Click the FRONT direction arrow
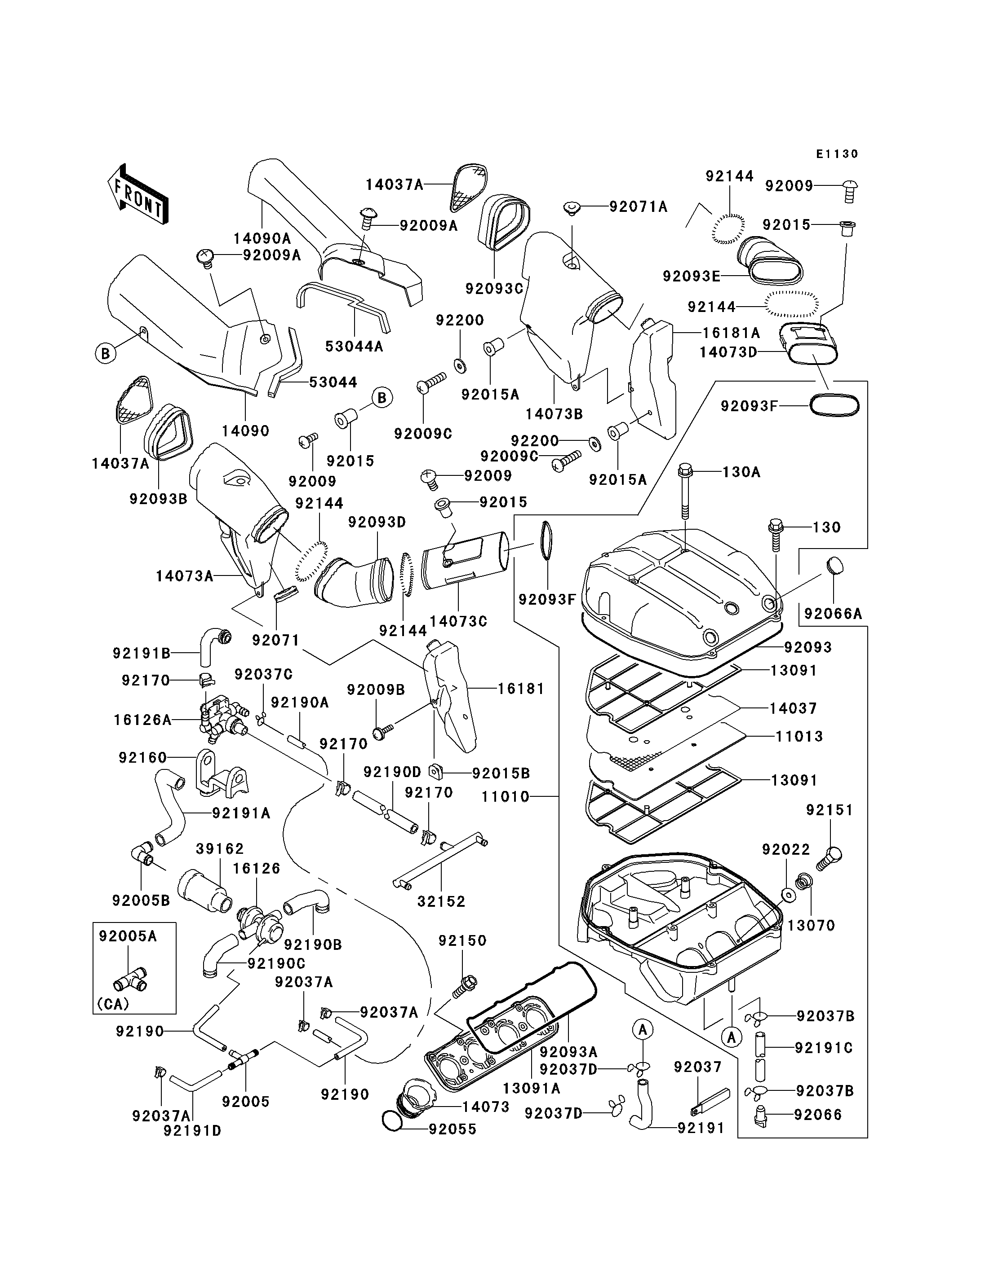click(138, 194)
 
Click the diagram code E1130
click(837, 154)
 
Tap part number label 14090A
click(262, 238)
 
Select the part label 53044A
click(354, 346)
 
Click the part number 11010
click(506, 797)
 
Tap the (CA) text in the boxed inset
click(113, 1004)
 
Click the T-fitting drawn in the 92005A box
click(129, 978)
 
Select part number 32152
click(441, 901)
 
